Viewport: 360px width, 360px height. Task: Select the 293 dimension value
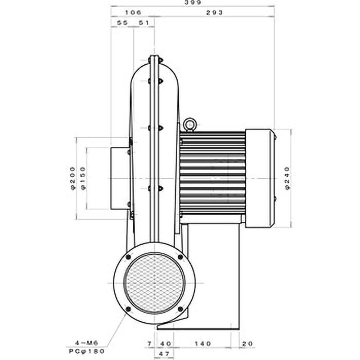(x=215, y=13)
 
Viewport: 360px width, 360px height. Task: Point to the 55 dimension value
(x=122, y=22)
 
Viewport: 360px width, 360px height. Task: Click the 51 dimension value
(x=144, y=22)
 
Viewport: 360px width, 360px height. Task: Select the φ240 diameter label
(x=288, y=178)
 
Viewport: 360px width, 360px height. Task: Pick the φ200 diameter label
(x=73, y=178)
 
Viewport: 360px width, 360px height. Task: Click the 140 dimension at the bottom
(x=203, y=343)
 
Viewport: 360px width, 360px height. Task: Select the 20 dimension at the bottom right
(x=247, y=343)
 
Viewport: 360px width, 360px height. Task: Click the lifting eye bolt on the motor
(x=190, y=124)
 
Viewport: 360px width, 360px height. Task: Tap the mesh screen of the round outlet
(x=154, y=283)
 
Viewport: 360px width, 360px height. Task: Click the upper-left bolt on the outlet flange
(x=128, y=257)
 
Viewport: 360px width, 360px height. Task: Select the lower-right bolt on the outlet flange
(x=180, y=309)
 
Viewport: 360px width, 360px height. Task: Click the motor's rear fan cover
(x=260, y=178)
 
